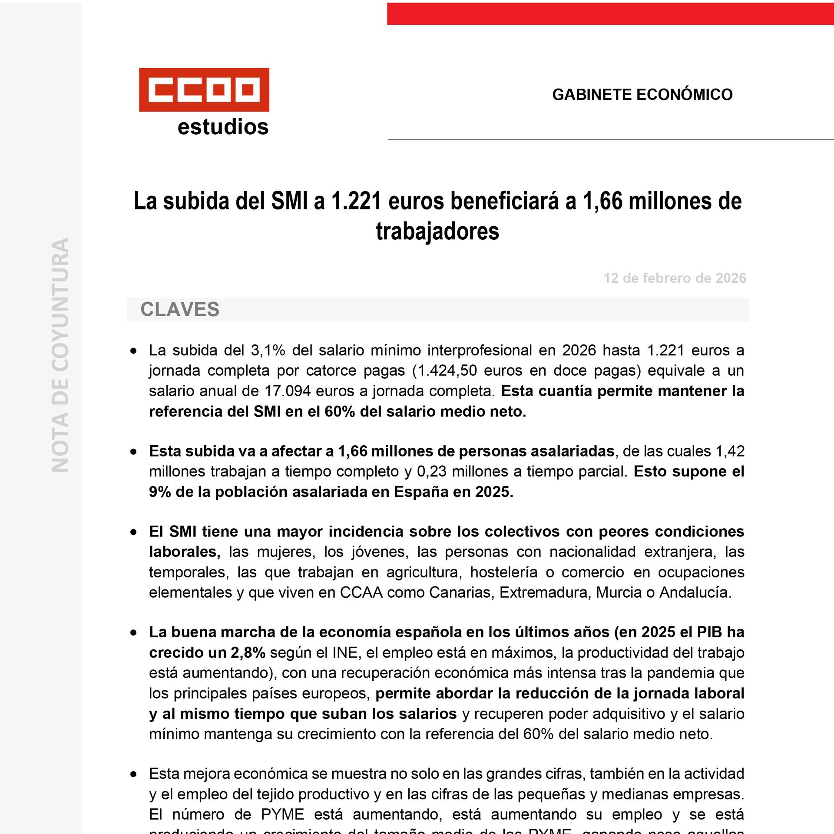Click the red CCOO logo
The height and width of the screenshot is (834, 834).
(204, 89)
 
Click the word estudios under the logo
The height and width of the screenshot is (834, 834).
(223, 127)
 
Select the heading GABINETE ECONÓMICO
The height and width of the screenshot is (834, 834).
(642, 95)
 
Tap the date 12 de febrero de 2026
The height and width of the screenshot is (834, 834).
(675, 278)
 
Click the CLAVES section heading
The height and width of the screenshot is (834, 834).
(180, 310)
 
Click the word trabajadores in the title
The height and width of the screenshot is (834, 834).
(437, 231)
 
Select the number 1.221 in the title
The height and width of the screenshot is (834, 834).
(357, 201)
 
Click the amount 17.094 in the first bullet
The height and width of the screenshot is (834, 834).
(288, 391)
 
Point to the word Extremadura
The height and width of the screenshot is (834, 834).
(543, 592)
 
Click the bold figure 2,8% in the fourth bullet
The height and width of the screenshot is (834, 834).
(248, 653)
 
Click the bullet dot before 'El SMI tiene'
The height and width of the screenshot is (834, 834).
(133, 532)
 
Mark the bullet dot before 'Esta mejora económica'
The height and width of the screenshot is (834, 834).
(133, 774)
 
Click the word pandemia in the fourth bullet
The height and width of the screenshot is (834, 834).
(680, 673)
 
